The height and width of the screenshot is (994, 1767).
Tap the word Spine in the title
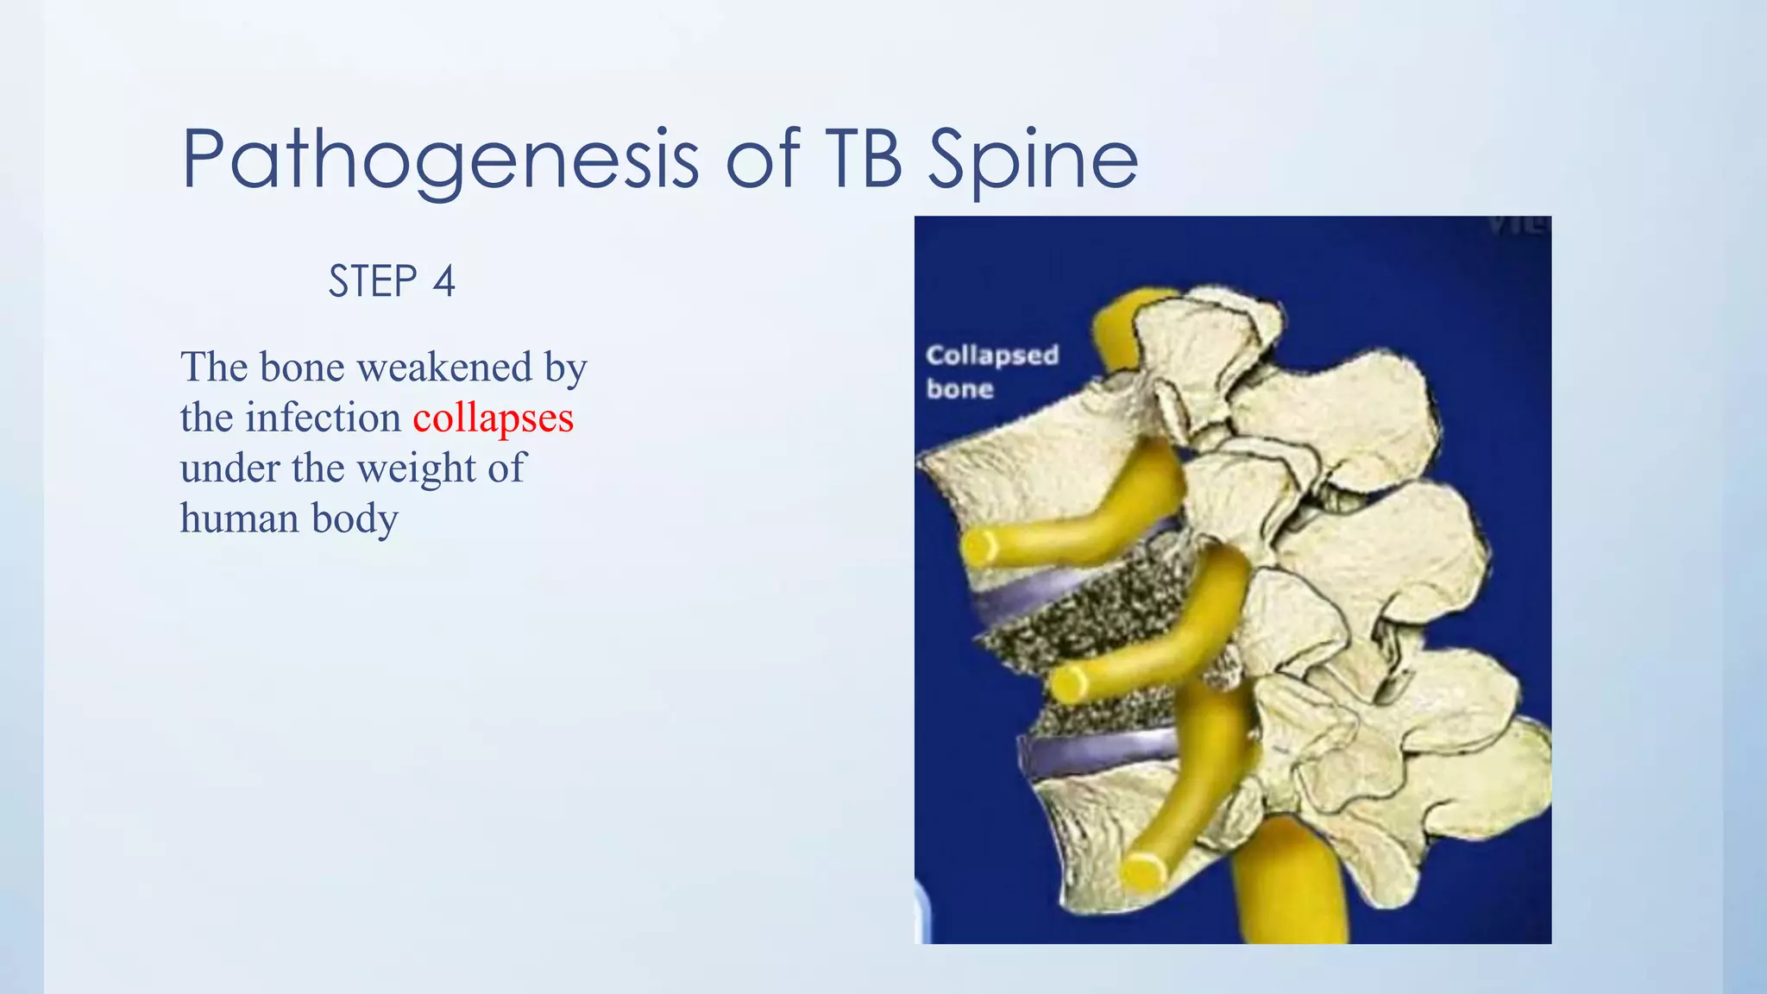tap(1033, 160)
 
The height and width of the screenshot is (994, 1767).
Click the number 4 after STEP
tap(443, 282)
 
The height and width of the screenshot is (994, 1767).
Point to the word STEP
tap(373, 282)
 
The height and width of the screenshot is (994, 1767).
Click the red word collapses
tap(493, 418)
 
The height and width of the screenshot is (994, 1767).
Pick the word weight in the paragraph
tap(418, 469)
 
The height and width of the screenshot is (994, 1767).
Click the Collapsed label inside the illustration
tap(991, 355)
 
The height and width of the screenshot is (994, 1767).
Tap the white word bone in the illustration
tap(959, 389)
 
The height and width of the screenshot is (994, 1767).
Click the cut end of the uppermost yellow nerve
tap(980, 547)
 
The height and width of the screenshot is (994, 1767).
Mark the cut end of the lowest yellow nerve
tap(1142, 870)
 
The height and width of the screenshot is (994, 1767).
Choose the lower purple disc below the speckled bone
tap(1096, 749)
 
